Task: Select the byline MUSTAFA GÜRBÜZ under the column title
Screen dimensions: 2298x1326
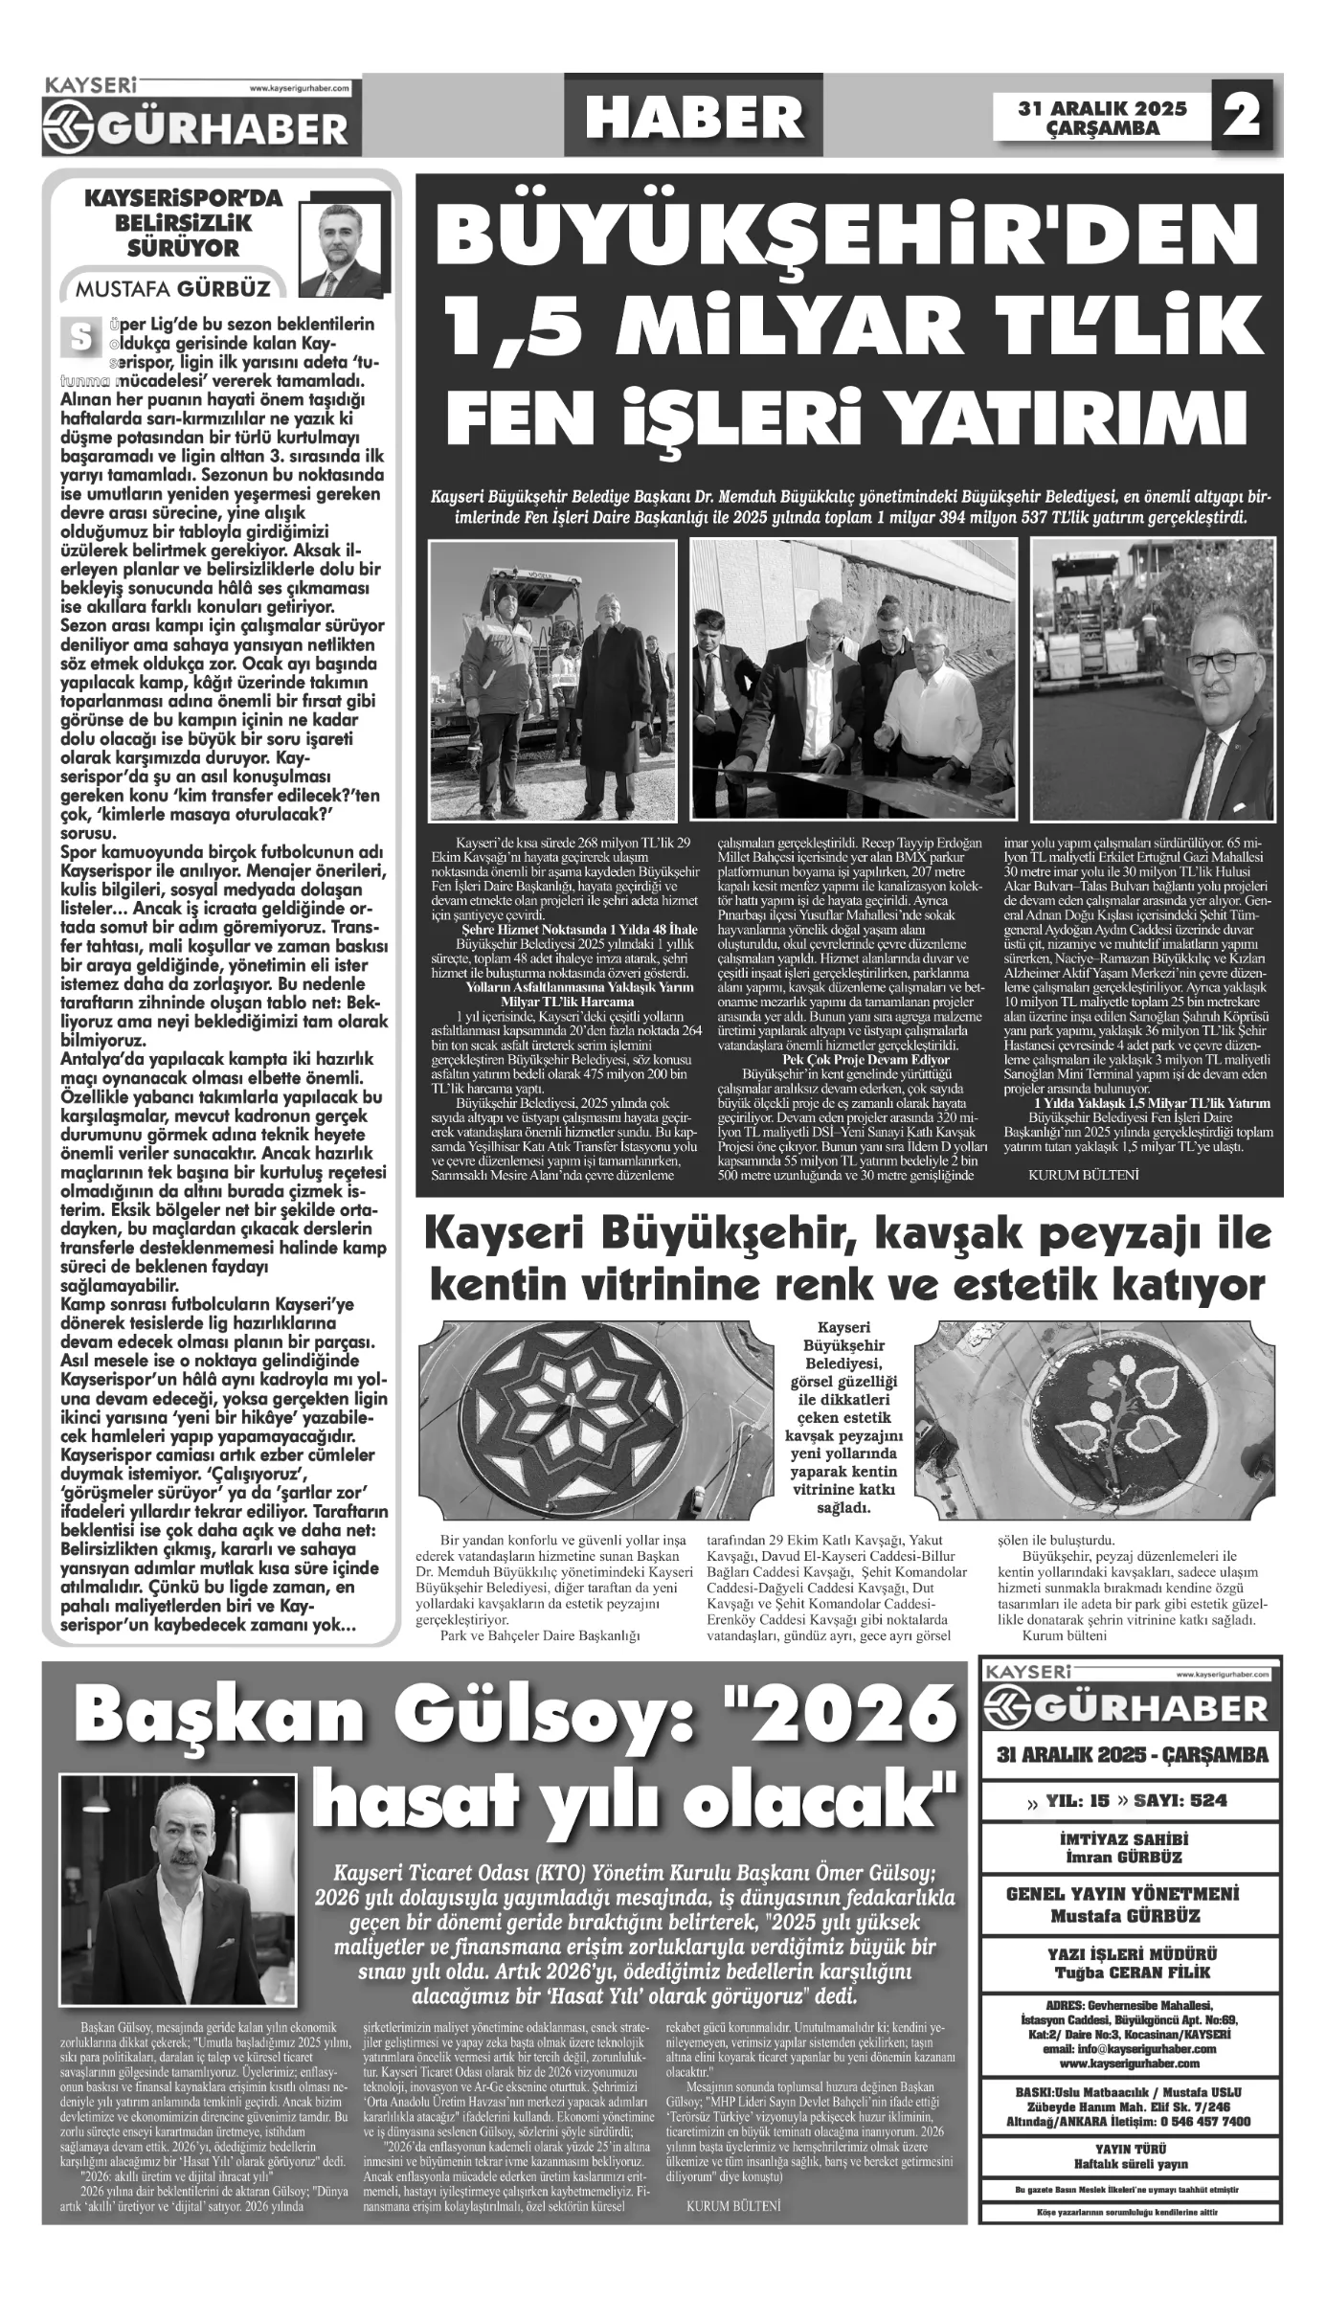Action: (x=173, y=288)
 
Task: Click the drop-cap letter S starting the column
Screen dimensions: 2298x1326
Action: (x=79, y=337)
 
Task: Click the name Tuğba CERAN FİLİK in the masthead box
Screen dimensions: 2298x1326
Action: (x=1132, y=1965)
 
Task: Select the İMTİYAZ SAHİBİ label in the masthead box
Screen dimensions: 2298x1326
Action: (x=1132, y=1839)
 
